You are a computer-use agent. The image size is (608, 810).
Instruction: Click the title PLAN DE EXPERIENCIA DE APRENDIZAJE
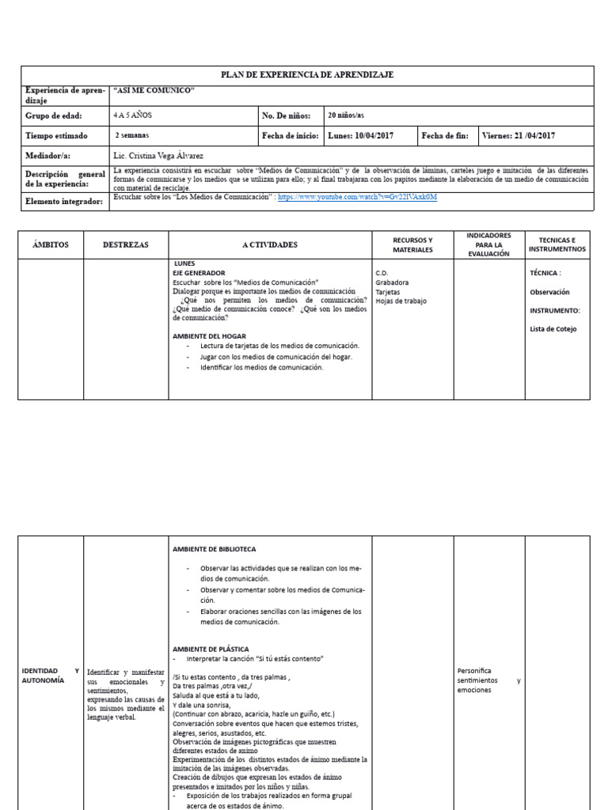pyautogui.click(x=306, y=74)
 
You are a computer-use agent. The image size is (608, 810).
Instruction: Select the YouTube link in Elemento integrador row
pyautogui.click(x=357, y=197)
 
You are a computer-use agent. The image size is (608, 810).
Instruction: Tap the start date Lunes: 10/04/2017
pyautogui.click(x=360, y=136)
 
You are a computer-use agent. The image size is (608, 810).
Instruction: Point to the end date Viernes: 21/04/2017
pyautogui.click(x=519, y=136)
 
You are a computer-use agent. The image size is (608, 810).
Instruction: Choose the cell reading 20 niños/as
pyautogui.click(x=346, y=115)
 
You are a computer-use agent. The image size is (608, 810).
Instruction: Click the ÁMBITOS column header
pyautogui.click(x=51, y=245)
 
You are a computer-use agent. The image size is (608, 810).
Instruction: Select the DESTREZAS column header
pyautogui.click(x=125, y=245)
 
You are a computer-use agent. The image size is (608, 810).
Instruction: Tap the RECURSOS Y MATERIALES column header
pyautogui.click(x=412, y=244)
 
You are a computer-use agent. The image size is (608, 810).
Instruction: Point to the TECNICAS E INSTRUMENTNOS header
pyautogui.click(x=559, y=244)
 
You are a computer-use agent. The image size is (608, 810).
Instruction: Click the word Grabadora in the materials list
pyautogui.click(x=392, y=282)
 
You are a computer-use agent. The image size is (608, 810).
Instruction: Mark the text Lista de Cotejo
pyautogui.click(x=553, y=329)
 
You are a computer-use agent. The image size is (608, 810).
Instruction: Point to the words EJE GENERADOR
pyautogui.click(x=199, y=273)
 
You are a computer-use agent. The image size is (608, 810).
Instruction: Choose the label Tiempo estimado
pyautogui.click(x=56, y=136)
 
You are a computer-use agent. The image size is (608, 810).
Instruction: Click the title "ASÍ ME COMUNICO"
pyautogui.click(x=154, y=91)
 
